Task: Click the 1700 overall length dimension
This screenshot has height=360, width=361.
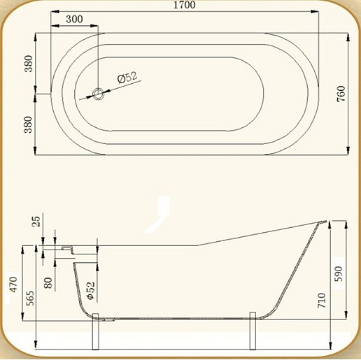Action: (x=184, y=5)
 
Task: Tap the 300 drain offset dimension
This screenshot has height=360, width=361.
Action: (x=74, y=19)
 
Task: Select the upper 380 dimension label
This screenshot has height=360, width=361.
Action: (x=29, y=64)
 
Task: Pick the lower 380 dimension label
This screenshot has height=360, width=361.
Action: (x=29, y=124)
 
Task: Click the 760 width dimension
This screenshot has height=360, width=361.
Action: (x=341, y=94)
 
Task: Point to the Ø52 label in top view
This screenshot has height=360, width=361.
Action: (x=127, y=77)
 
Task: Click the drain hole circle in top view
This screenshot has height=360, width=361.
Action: (x=98, y=94)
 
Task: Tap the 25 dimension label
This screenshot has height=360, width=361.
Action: (x=36, y=222)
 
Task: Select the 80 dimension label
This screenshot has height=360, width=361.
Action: (x=48, y=282)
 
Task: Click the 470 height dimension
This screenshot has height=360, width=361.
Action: (x=13, y=285)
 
